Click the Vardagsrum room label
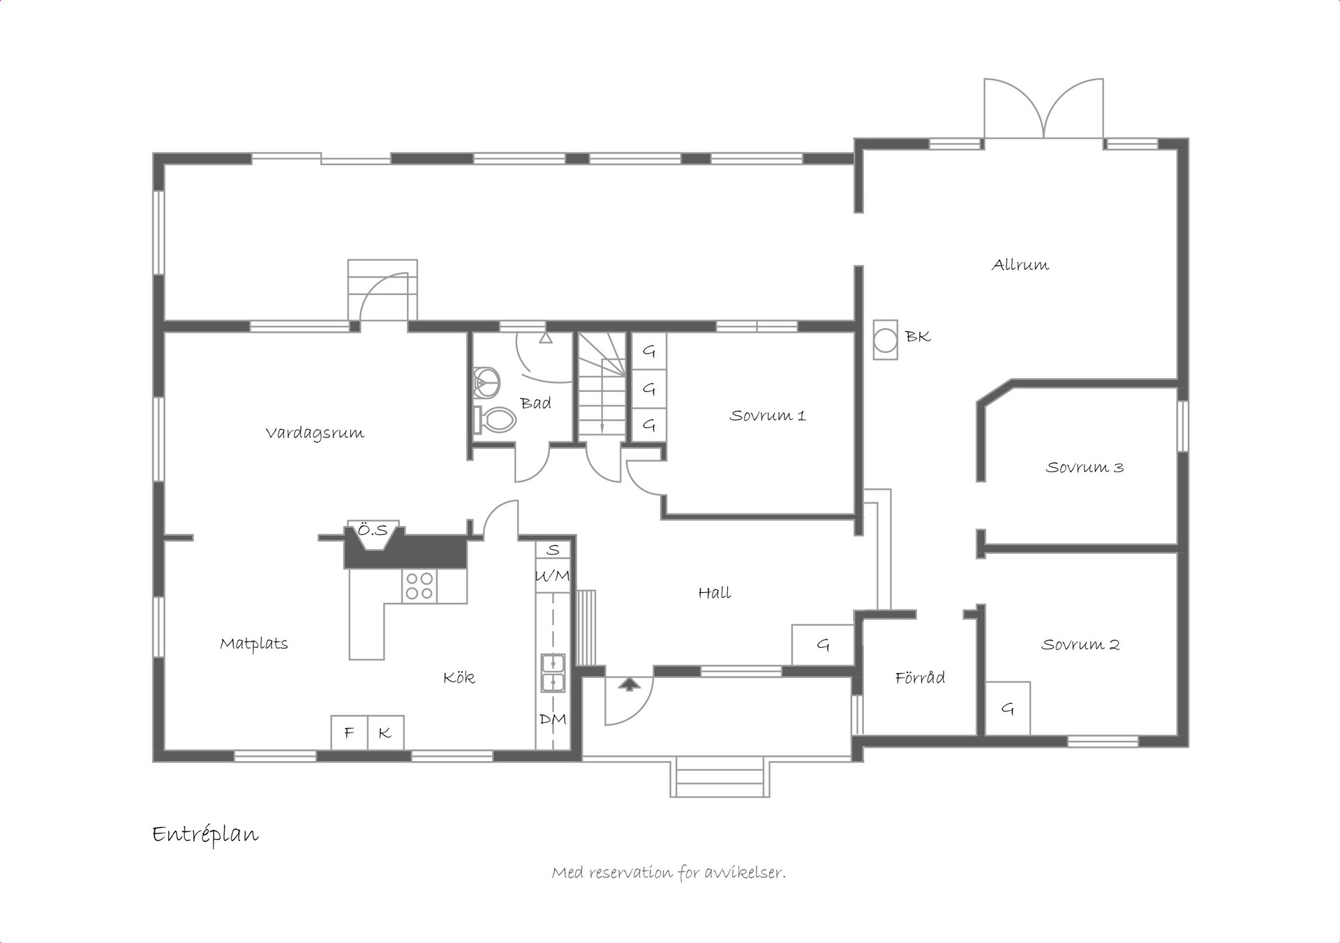315,433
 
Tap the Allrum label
1020,265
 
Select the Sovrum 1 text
768,416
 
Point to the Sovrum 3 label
1085,467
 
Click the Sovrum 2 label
1080,644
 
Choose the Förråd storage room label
920,677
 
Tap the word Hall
715,593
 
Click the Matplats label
254,644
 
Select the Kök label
459,677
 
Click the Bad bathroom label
535,403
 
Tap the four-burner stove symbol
419,586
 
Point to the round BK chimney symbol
886,340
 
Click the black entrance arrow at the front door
630,684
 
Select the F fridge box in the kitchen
350,732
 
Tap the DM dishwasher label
553,719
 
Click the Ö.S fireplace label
373,531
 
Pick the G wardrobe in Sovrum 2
1008,708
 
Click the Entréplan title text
205,834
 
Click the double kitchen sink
553,672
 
